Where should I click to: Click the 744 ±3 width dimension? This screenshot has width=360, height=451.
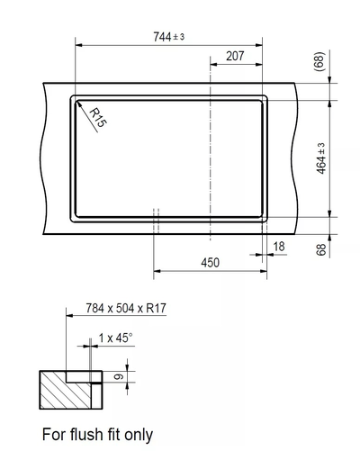point(169,36)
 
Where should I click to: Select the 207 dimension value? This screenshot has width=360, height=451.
point(235,57)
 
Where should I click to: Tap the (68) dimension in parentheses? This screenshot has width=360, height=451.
point(319,62)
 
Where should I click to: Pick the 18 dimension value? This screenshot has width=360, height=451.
point(279,246)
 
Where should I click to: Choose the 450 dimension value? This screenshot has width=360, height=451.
point(210,263)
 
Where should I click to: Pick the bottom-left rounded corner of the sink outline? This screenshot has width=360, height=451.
point(75,215)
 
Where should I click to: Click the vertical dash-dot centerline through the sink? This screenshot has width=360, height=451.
point(211,162)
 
